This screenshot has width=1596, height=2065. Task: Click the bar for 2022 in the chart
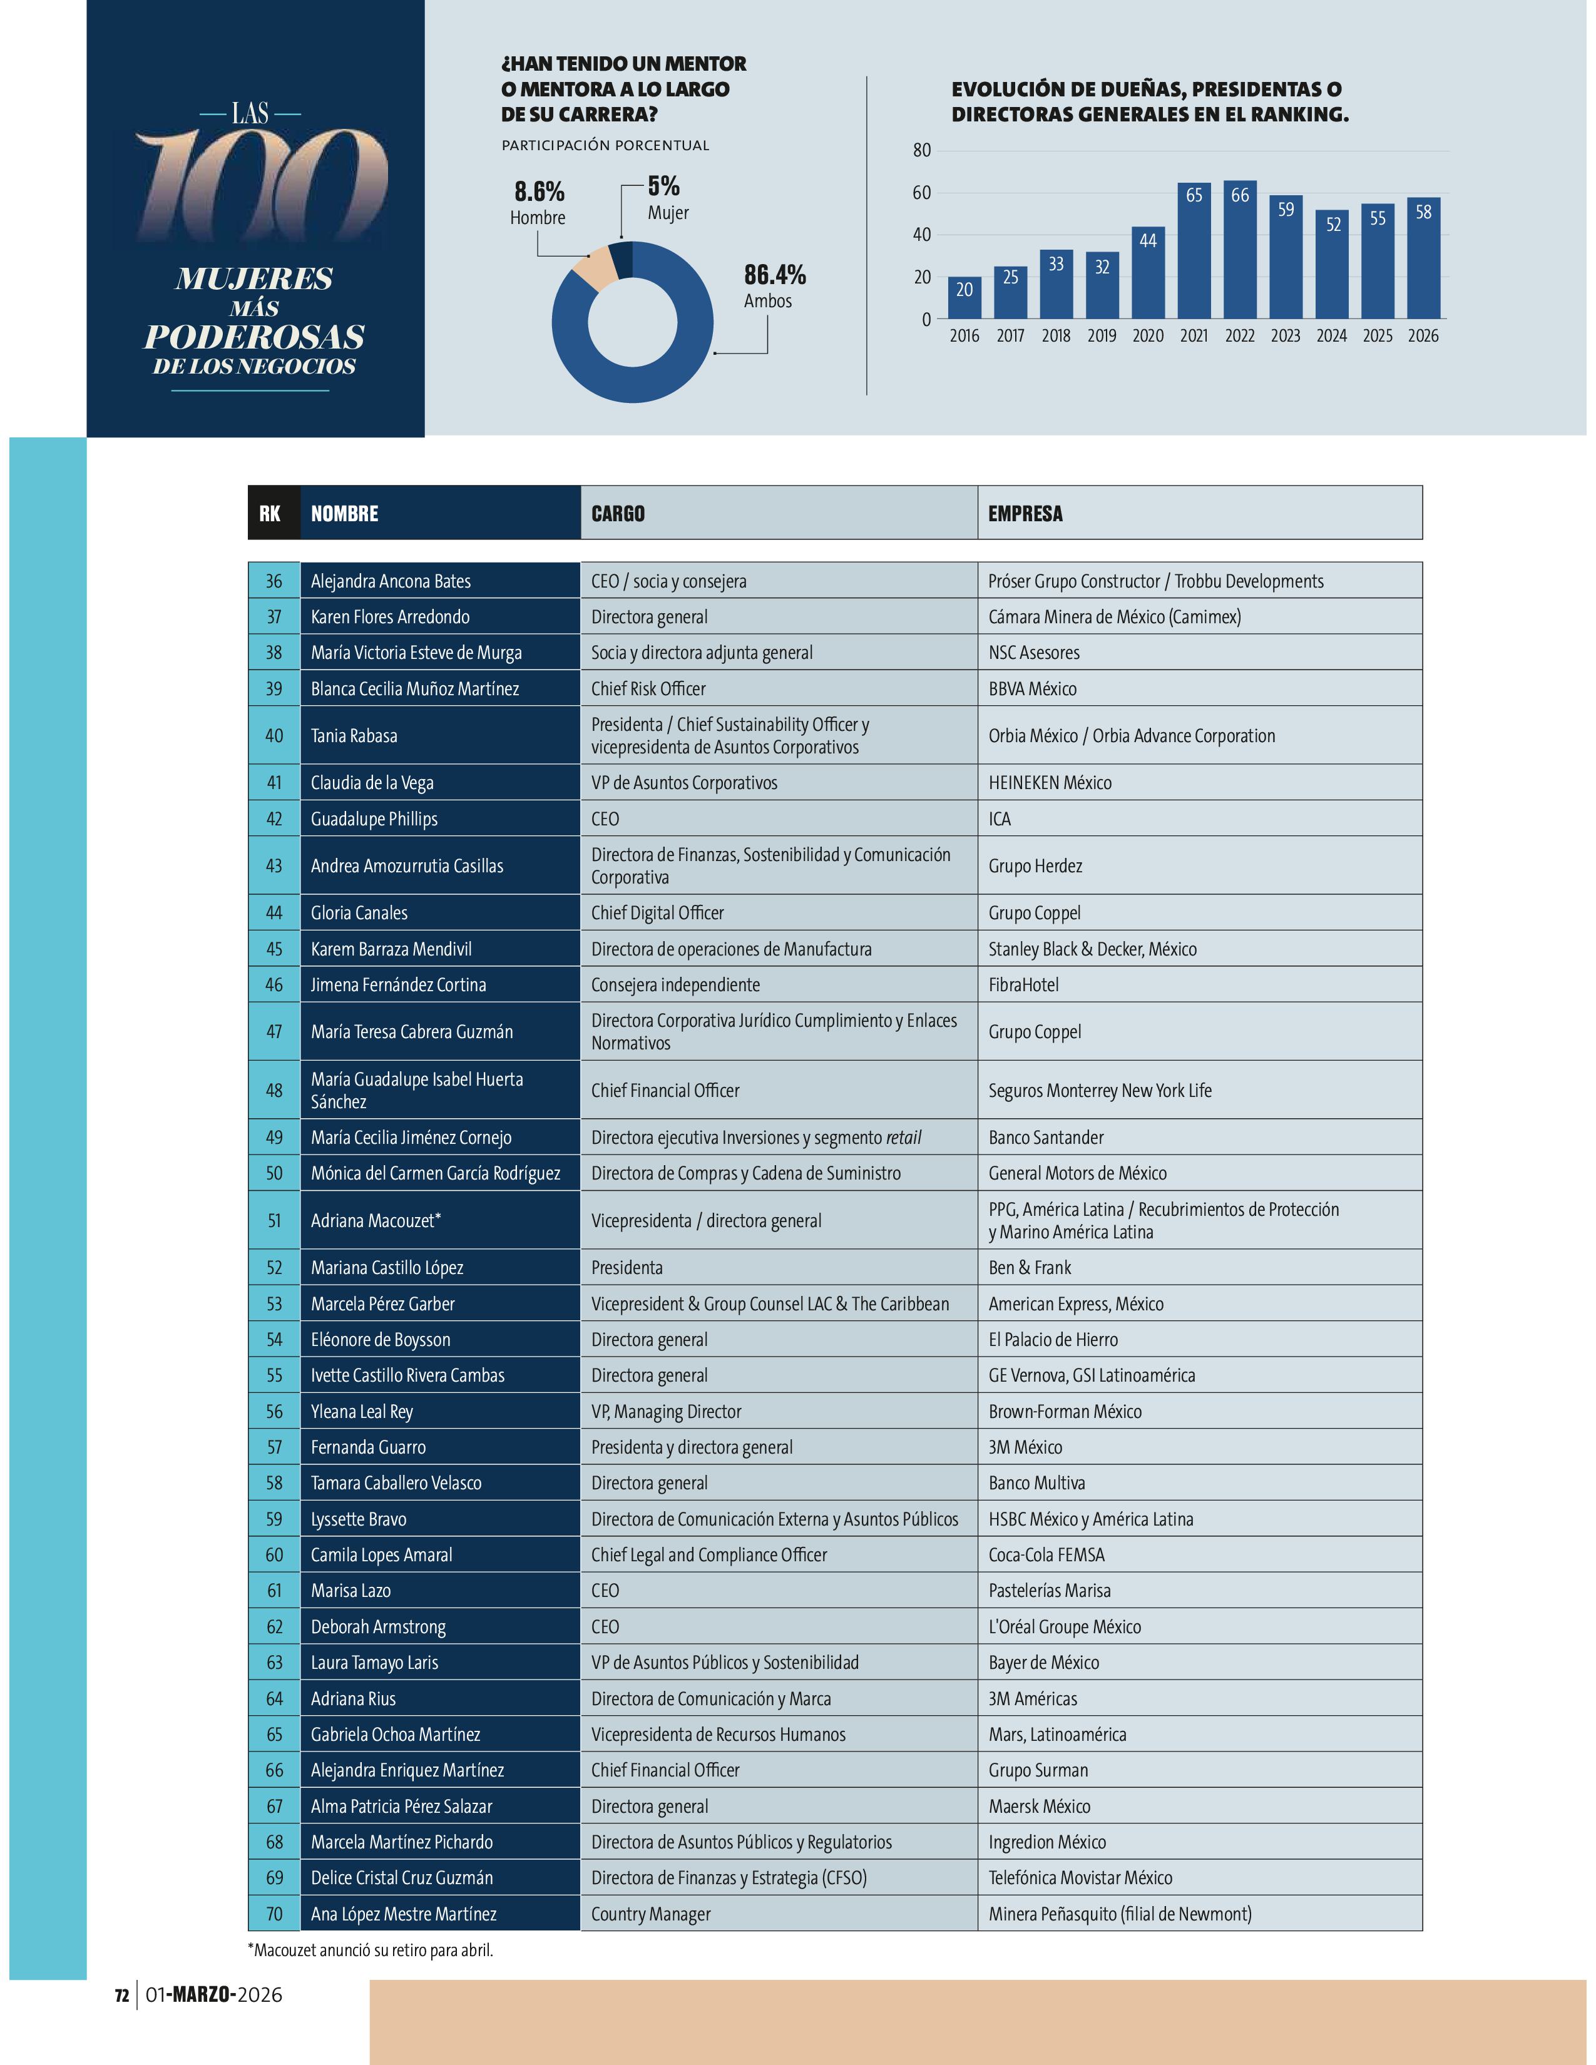1239,250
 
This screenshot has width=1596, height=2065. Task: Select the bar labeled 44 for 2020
1148,272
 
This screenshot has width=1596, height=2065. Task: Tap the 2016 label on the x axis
964,335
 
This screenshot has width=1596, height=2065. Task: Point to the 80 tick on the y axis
922,150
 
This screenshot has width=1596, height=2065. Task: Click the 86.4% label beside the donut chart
774,275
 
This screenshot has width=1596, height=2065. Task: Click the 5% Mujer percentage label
663,186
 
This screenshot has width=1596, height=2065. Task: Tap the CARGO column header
618,513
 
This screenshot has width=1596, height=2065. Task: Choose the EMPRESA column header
1025,513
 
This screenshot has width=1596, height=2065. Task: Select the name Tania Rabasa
354,736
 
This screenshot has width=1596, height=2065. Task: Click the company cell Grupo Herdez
1035,866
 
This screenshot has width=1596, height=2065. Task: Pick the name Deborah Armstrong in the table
378,1626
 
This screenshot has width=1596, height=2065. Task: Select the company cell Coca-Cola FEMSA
1046,1554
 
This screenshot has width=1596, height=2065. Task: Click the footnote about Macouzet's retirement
371,1950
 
